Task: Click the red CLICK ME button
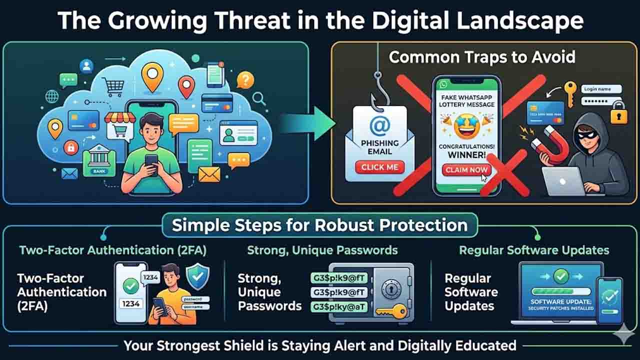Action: coord(379,167)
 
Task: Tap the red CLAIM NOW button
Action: coord(466,170)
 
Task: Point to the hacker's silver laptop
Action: coord(563,181)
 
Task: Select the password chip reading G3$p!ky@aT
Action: coord(338,306)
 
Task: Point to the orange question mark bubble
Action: coord(245,79)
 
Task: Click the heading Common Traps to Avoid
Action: coord(482,57)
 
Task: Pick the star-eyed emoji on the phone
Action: coord(466,125)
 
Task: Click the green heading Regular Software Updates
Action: coord(534,250)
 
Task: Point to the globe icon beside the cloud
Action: coord(51,96)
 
